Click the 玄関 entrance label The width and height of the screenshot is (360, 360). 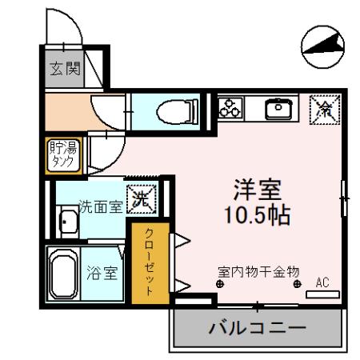tap(66, 69)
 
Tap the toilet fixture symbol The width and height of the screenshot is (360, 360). tap(172, 110)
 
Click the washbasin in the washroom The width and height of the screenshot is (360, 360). tap(67, 223)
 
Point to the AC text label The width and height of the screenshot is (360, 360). tap(322, 282)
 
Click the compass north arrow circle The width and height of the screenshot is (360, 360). tap(322, 46)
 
